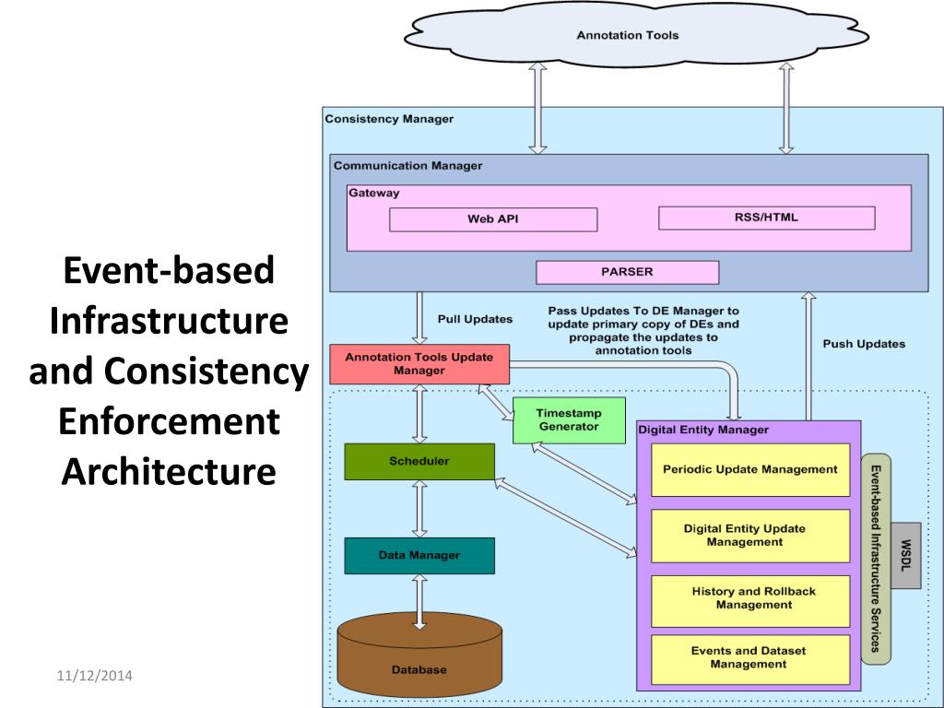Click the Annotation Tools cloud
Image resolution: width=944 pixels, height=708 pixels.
[627, 35]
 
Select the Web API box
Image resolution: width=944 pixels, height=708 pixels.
[493, 219]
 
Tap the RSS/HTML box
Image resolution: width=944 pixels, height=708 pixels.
[766, 218]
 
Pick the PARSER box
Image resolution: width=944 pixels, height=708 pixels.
[627, 272]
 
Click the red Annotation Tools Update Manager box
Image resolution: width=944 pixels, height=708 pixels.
[419, 363]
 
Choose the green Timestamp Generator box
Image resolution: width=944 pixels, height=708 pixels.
[569, 420]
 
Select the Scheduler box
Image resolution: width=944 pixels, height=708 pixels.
[419, 461]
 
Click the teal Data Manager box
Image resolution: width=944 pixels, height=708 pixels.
[419, 555]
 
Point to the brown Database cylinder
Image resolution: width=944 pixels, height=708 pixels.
[419, 658]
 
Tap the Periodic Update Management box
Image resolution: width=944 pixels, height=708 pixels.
[750, 469]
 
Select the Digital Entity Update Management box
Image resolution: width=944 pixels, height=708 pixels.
[750, 536]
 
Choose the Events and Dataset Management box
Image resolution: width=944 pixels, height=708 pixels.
[750, 658]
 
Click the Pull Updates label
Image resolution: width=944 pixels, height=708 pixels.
[475, 319]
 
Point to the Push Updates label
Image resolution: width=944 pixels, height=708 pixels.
[864, 344]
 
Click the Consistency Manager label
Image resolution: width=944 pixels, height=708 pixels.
[389, 119]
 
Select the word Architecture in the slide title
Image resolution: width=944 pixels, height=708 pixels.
[169, 471]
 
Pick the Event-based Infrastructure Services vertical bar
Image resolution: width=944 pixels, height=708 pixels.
[876, 557]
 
